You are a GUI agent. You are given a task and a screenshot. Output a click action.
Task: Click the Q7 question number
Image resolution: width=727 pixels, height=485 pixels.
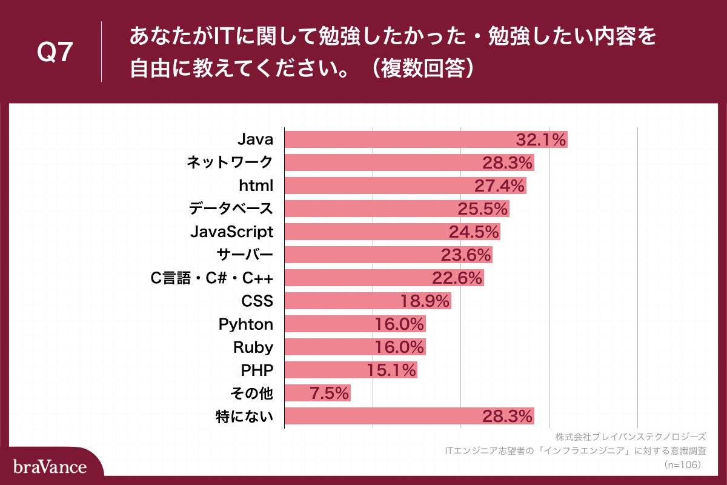55,53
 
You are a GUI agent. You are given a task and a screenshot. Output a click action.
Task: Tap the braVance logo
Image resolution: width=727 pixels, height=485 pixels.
50,467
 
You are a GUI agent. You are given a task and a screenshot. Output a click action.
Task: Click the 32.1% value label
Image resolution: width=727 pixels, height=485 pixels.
540,139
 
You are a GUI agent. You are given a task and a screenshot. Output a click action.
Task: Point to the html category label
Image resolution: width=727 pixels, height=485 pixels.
256,186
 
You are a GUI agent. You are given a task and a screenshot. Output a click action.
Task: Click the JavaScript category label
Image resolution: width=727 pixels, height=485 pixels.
232,232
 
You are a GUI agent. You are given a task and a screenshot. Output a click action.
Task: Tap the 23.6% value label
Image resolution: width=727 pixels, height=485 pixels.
465,255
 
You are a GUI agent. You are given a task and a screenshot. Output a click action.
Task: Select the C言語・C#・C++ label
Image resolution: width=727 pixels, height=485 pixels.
213,278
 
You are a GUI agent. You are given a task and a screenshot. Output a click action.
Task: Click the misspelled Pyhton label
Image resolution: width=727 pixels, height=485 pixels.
245,324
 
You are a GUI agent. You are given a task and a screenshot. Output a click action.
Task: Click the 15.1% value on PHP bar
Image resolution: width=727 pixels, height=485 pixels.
391,370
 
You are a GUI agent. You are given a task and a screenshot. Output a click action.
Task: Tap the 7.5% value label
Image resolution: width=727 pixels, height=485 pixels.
329,393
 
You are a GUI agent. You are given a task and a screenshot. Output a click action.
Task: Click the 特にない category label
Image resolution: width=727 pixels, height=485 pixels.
244,416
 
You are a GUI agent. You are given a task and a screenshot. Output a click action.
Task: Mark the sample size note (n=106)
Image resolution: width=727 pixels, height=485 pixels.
682,464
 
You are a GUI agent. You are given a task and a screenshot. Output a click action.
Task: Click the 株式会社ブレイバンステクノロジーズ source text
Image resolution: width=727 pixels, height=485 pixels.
631,436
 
